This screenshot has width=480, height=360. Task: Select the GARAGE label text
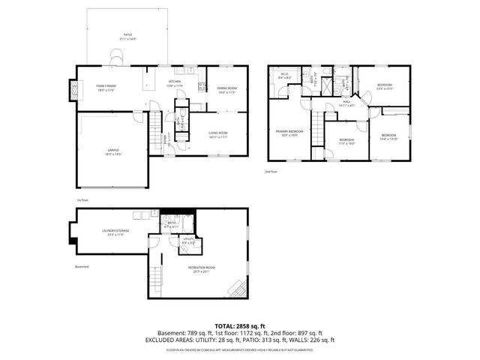[113, 151]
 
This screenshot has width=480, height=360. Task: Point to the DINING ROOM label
[226, 89]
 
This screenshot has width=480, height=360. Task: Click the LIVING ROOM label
[218, 135]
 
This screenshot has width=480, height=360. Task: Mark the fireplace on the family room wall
[73, 90]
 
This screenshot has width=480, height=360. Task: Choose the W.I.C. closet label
[285, 75]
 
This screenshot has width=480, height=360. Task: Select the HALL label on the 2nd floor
[347, 103]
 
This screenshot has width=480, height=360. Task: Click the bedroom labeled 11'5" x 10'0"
[346, 141]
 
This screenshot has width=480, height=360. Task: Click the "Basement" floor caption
[82, 267]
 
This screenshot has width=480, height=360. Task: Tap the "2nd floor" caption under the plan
[271, 172]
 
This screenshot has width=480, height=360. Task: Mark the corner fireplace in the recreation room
[238, 290]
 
